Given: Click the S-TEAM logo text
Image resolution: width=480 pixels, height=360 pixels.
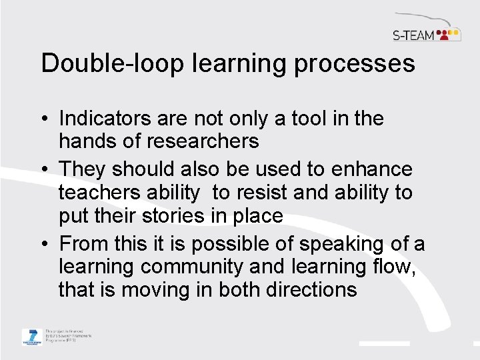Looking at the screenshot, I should point(413,35).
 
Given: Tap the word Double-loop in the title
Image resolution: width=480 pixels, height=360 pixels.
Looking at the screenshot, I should point(110,64).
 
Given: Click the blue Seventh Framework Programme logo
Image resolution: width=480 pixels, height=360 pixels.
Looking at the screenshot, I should point(31,337).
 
